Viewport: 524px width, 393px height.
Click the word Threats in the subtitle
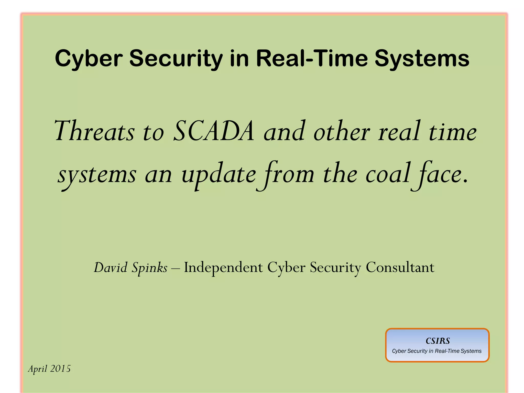tap(94, 131)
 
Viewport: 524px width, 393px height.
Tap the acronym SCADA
tap(214, 131)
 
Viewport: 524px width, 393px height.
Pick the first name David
tap(111, 268)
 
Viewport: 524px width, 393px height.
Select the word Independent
tap(223, 268)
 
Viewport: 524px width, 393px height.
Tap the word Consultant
tap(400, 268)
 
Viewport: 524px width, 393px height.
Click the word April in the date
tap(38, 369)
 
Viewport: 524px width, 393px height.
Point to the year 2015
tap(60, 369)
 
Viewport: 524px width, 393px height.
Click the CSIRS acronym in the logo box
tap(438, 341)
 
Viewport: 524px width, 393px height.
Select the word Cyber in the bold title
tap(89, 59)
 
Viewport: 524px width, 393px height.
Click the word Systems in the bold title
tap(422, 59)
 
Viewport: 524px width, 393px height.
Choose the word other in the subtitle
tap(342, 131)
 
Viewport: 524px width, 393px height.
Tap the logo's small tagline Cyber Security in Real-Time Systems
tap(437, 351)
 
